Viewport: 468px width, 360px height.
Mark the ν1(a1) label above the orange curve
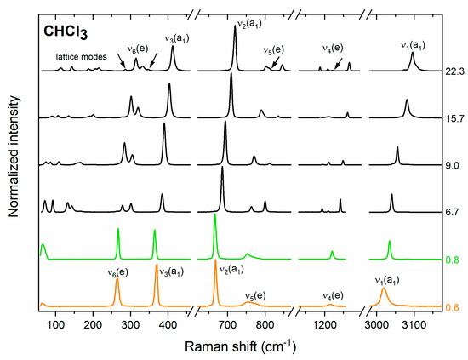pyautogui.click(x=388, y=278)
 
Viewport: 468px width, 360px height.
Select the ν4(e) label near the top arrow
pyautogui.click(x=332, y=48)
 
